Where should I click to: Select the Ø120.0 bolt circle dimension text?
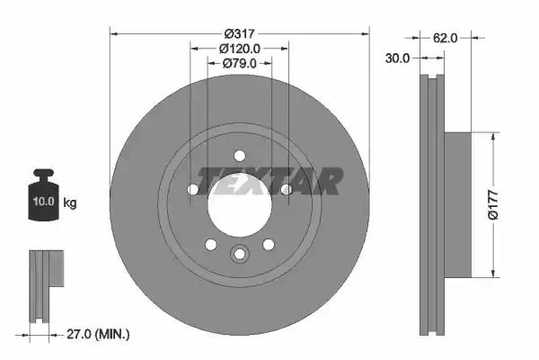click(239, 49)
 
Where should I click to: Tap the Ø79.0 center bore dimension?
click(239, 63)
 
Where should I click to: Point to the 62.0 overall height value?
click(446, 38)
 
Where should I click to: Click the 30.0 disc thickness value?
click(399, 58)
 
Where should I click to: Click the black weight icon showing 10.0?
click(42, 192)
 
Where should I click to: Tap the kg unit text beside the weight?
click(70, 202)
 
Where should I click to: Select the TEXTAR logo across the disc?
click(269, 181)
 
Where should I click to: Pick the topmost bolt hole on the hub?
click(239, 154)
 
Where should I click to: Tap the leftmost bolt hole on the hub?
click(193, 189)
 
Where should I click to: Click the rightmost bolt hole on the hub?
click(286, 189)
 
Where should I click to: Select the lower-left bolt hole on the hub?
click(210, 244)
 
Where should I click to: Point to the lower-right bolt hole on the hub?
click(268, 244)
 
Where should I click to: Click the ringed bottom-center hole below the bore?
click(239, 254)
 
